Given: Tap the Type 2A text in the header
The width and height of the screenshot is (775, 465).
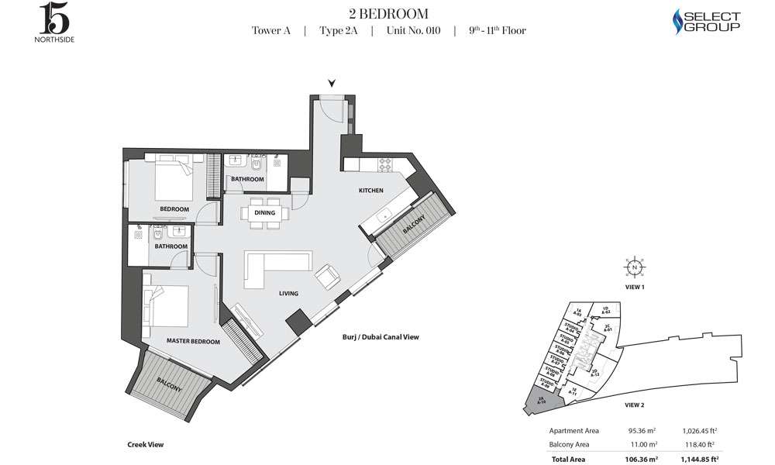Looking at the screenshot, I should pyautogui.click(x=337, y=31).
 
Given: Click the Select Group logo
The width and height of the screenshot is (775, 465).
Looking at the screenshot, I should pyautogui.click(x=705, y=22).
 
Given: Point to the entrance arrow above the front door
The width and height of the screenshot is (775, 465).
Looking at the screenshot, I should pyautogui.click(x=332, y=83).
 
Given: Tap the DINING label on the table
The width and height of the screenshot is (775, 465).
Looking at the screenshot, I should pyautogui.click(x=264, y=212).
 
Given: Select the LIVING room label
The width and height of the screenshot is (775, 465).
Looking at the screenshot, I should pyautogui.click(x=289, y=294).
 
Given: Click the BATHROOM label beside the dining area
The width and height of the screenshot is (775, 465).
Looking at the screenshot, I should pyautogui.click(x=247, y=179).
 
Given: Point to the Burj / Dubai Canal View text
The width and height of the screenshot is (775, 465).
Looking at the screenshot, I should pyautogui.click(x=381, y=337).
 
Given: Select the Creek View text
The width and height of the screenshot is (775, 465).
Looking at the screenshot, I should pyautogui.click(x=145, y=445).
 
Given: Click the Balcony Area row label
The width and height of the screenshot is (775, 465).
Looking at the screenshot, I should pyautogui.click(x=569, y=445).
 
